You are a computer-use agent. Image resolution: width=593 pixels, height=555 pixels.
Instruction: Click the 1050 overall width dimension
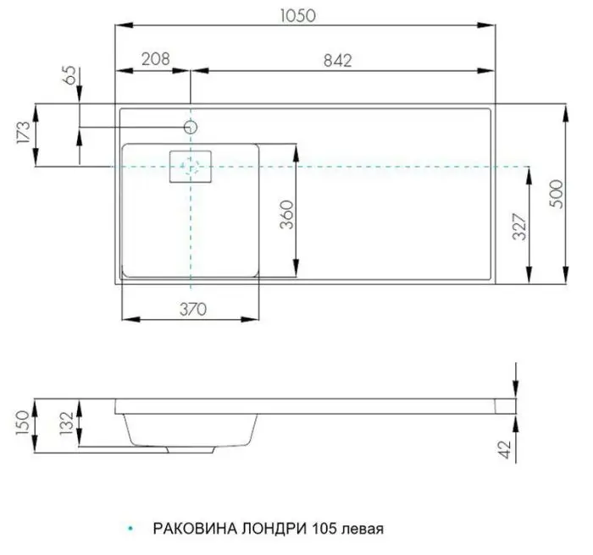305,18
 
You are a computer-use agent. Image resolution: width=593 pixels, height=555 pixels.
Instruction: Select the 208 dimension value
153,59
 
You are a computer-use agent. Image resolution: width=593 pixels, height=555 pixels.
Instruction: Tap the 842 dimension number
336,59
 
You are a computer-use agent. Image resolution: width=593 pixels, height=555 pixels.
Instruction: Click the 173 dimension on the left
23,133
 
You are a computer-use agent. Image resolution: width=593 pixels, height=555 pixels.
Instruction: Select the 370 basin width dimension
192,309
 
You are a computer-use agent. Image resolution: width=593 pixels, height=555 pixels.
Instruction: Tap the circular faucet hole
191,127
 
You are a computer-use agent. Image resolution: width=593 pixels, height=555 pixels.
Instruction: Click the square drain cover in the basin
191,167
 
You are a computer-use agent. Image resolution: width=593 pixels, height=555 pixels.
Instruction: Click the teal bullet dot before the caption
129,525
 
